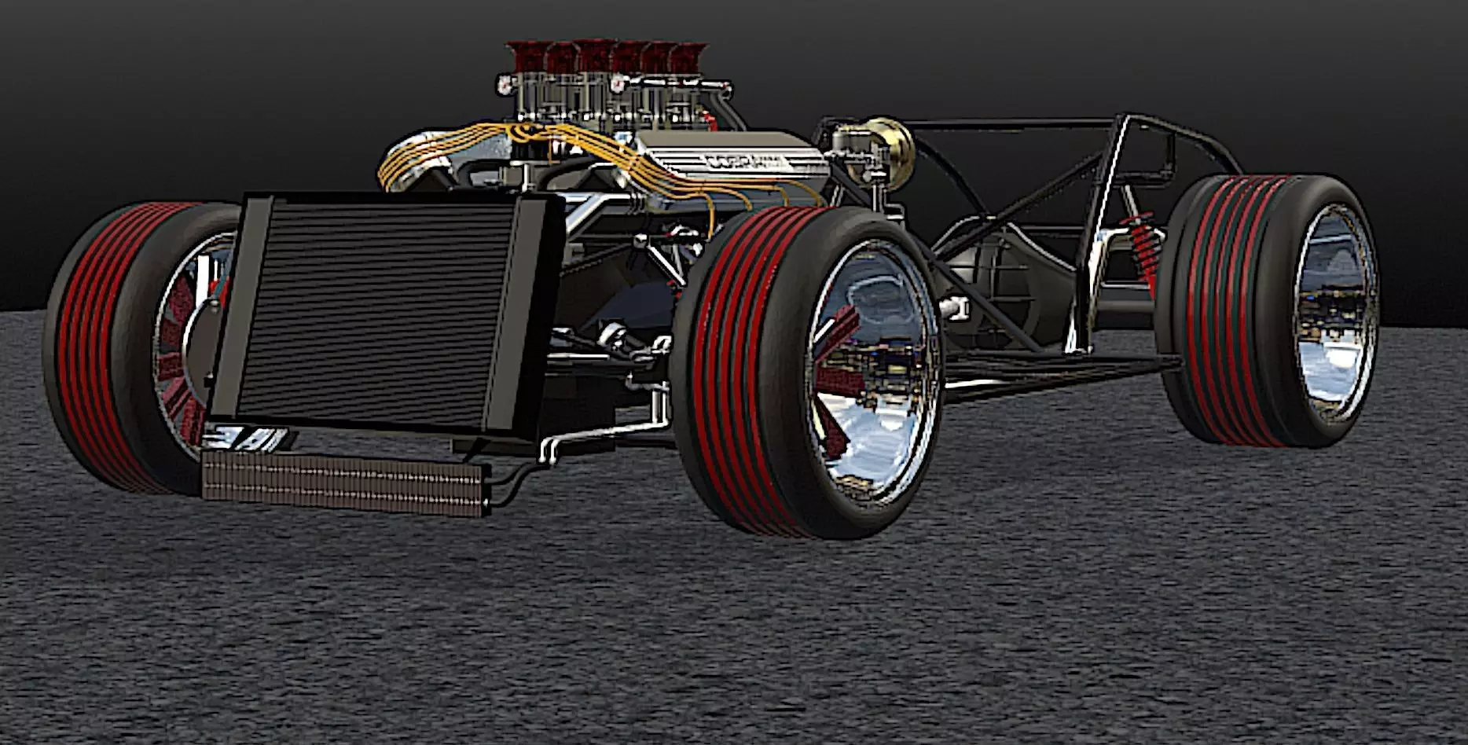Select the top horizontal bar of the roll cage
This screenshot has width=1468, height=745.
click(x=1014, y=123)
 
